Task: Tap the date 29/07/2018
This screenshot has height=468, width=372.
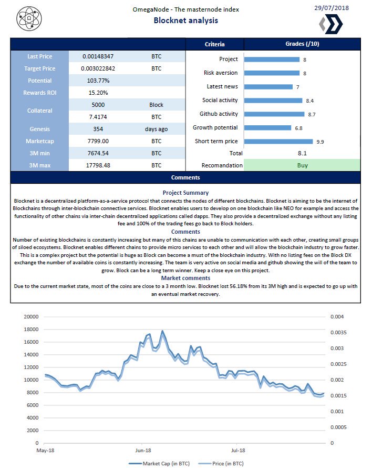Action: [x=330, y=8]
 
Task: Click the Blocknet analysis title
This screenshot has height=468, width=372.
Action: [x=185, y=21]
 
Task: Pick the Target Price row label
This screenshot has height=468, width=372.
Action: [x=39, y=68]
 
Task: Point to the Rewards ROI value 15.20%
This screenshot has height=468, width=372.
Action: [x=98, y=92]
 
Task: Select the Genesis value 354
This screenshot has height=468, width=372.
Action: [x=98, y=128]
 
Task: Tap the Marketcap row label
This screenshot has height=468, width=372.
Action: [x=39, y=141]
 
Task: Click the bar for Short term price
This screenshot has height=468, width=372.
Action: [x=278, y=141]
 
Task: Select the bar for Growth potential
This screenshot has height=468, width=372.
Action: [x=267, y=127]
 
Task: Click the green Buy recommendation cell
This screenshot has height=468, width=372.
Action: [x=302, y=165]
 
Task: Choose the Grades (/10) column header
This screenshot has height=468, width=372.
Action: [x=302, y=44]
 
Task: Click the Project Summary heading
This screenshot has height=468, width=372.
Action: [x=185, y=193]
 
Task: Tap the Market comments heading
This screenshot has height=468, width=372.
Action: [x=185, y=277]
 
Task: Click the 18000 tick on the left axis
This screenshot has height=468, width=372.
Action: [x=33, y=330]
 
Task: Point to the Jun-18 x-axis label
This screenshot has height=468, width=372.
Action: [x=143, y=451]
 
